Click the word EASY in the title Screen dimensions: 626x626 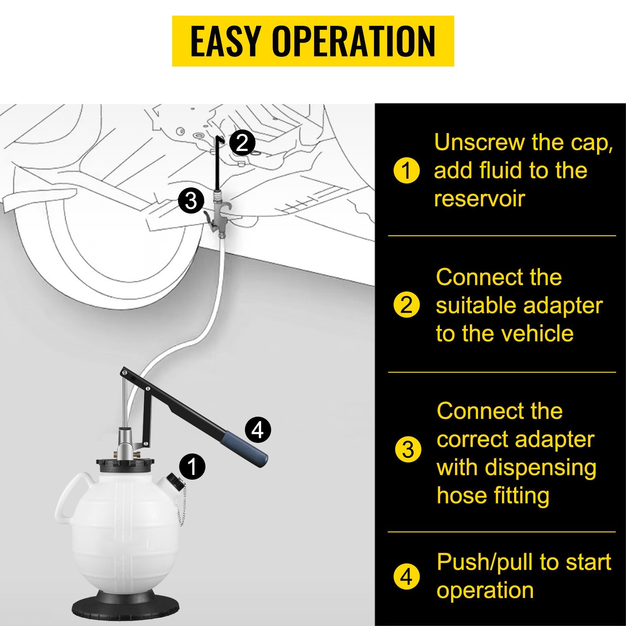click(225, 41)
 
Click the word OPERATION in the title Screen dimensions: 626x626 click(354, 41)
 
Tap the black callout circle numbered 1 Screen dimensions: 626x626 click(192, 466)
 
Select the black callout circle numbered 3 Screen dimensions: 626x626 click(191, 201)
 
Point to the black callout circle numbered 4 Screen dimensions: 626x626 click(257, 430)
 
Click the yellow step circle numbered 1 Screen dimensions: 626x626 click(407, 170)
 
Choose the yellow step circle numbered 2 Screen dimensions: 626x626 click(407, 305)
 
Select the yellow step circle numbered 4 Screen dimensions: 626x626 click(407, 576)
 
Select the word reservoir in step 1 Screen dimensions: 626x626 click(479, 199)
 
